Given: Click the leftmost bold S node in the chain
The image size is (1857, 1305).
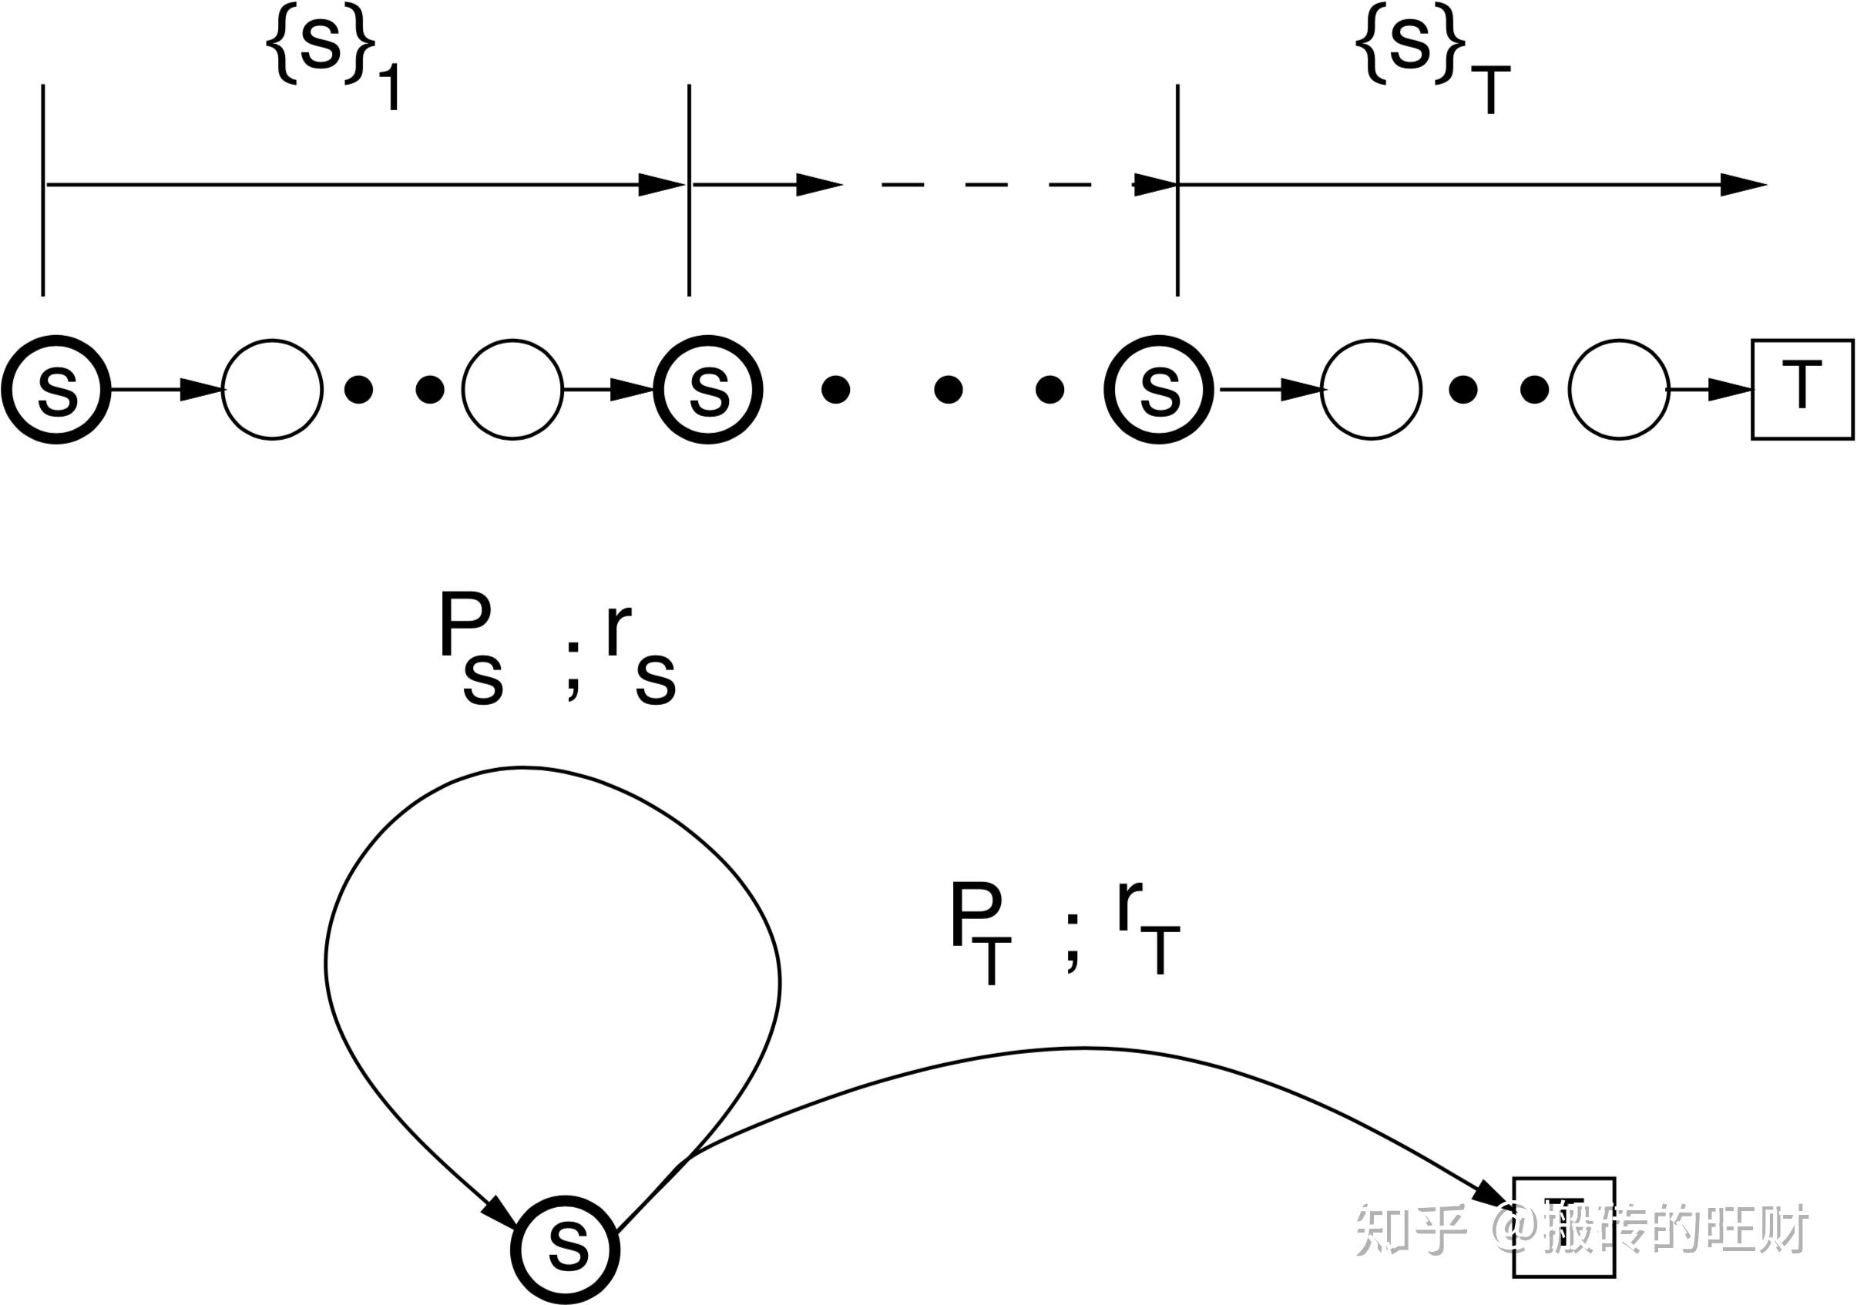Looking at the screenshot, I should coord(56,390).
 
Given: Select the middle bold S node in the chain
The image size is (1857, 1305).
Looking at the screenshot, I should coord(708,390).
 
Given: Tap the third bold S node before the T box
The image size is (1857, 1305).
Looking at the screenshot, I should coord(1159,390).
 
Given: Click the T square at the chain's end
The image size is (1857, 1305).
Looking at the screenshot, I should coord(1802,390).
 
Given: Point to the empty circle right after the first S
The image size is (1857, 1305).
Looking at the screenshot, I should coord(273,390).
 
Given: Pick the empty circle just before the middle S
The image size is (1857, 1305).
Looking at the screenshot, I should coord(512,390).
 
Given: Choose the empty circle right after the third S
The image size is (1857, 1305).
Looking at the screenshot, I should coord(1371,390).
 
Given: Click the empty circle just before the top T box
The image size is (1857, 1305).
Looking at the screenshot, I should coord(1619,390).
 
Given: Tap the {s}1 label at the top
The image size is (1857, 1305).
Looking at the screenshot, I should coord(331,61).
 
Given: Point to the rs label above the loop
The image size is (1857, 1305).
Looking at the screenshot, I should coord(639,656).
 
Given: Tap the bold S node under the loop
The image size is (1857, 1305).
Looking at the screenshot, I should coord(566,1249).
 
